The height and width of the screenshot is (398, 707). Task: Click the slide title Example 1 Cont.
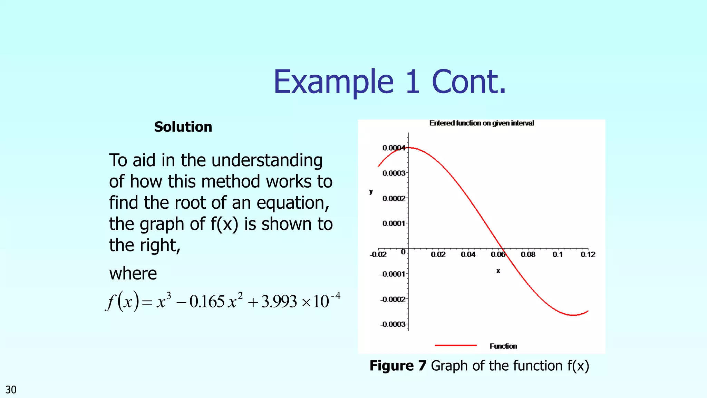[x=389, y=82]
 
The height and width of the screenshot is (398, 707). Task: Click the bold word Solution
[x=183, y=127]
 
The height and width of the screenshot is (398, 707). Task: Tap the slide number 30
[x=11, y=390]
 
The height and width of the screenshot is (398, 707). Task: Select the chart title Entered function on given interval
[x=482, y=123]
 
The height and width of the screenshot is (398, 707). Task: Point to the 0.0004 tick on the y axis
[x=394, y=148]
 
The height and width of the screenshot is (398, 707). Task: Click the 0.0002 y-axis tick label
[x=394, y=198]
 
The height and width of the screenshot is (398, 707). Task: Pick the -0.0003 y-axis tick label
[x=393, y=324]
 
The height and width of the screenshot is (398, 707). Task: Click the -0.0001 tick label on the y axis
[x=393, y=274]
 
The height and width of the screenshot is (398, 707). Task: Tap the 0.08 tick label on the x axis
[x=528, y=255]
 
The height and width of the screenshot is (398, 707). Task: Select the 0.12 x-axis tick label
[x=588, y=255]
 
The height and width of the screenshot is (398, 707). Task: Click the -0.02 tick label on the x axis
[x=378, y=255]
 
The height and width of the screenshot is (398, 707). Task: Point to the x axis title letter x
[x=498, y=271]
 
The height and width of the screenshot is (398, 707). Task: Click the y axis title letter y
[x=371, y=192]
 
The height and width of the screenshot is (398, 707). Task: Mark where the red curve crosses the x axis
[x=503, y=249]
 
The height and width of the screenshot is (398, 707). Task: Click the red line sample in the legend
[x=456, y=345]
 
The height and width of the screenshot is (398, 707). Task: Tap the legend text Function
[x=503, y=346]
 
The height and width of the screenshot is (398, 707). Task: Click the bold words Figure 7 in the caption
[x=398, y=366]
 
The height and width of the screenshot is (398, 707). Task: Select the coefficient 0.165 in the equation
[x=207, y=301]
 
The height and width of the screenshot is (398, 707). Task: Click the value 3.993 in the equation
[x=279, y=301]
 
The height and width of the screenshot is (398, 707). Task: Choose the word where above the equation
[x=133, y=273]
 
